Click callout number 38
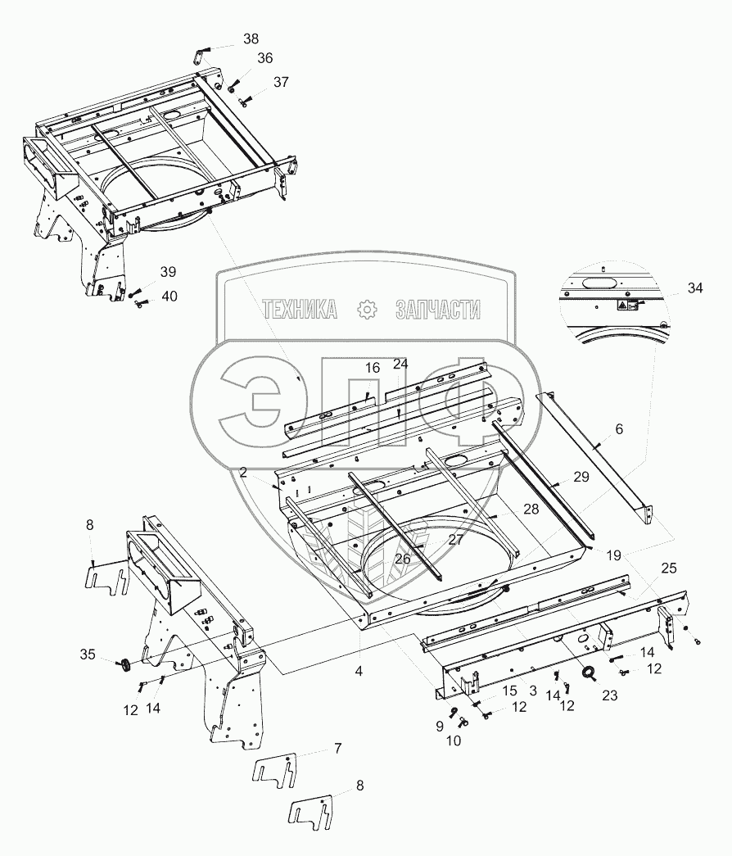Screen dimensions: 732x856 251,38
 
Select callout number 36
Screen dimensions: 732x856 264,58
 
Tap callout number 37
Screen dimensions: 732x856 281,82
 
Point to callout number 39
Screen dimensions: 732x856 168,272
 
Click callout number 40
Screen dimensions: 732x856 168,296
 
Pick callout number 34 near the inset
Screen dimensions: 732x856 695,288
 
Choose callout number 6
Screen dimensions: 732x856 619,428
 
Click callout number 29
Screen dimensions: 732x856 581,476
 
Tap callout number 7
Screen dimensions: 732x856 314,748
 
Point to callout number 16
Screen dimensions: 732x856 373,368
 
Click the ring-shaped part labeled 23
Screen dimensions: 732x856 589,674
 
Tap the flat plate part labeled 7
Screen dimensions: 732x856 274,771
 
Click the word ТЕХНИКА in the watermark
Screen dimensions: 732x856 300,309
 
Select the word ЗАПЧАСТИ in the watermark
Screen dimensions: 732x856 438,309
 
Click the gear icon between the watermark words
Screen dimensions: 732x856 366,309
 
